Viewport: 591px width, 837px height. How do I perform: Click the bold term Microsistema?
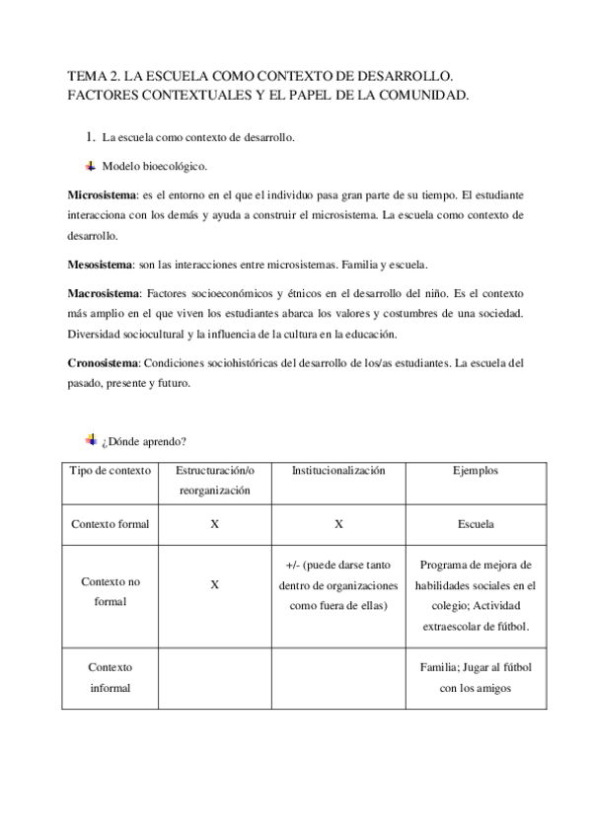(101, 193)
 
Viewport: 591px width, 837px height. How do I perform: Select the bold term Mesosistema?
(100, 266)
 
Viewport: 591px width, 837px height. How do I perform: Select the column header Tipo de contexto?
(110, 471)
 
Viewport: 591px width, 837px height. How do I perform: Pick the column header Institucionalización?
(337, 471)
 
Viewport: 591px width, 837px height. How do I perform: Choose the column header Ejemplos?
(476, 471)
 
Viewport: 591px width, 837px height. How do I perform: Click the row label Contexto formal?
(110, 524)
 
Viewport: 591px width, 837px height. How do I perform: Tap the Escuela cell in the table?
(476, 524)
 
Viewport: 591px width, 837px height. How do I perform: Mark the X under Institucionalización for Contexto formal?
(337, 524)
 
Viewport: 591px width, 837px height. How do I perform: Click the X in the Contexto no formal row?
(214, 584)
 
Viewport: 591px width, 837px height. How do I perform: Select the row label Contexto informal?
(110, 678)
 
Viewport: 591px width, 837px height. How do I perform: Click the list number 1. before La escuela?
(89, 137)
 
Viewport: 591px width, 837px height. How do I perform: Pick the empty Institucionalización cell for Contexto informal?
(337, 678)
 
